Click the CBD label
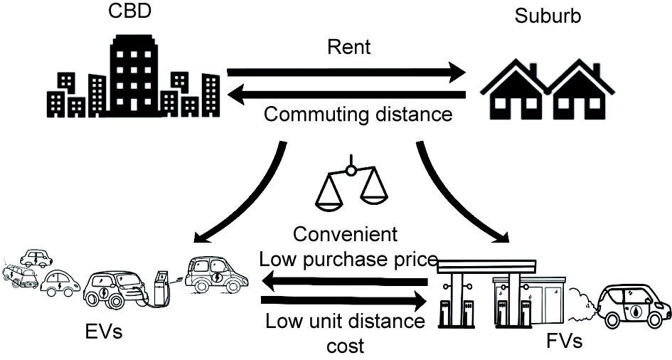tap(130, 14)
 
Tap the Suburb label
tap(548, 16)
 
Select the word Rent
tap(349, 48)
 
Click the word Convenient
tap(346, 234)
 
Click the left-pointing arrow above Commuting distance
tap(349, 94)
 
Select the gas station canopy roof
tap(487, 265)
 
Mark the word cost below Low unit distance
tap(345, 346)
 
